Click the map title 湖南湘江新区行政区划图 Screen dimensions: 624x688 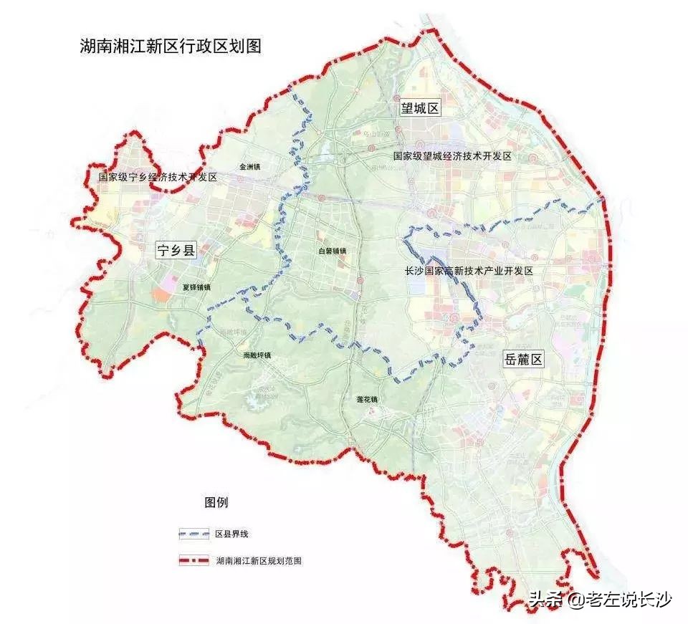171,47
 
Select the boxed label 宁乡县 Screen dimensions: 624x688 176,251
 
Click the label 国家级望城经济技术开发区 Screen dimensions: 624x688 451,155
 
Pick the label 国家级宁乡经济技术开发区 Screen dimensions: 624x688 158,176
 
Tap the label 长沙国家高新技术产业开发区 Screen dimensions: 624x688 469,271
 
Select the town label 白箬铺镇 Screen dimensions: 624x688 333,251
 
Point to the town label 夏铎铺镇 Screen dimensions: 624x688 196,287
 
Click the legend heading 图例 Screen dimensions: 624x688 216,502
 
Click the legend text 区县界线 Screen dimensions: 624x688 231,534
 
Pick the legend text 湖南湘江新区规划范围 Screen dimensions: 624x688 259,560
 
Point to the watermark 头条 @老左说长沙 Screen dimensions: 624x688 600,599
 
